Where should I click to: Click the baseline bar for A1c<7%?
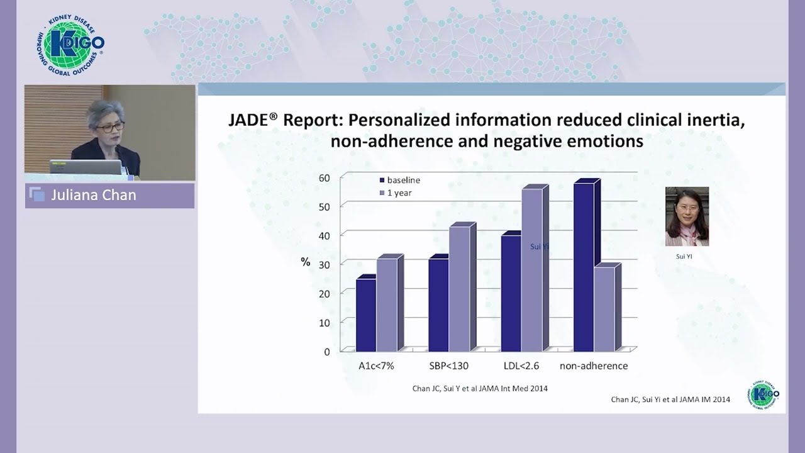point(366,315)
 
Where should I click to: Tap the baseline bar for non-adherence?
point(584,267)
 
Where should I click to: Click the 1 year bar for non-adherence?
point(604,309)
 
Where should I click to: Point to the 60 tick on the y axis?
point(324,177)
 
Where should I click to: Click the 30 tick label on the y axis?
point(324,264)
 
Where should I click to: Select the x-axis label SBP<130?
point(448,366)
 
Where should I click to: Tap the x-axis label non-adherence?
point(594,366)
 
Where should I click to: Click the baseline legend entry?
point(402,180)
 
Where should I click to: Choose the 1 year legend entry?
point(399,193)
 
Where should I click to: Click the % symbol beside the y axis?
point(306,262)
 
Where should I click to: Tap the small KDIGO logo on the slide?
point(765,394)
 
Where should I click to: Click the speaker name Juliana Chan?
point(94,195)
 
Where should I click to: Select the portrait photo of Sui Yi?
point(687,216)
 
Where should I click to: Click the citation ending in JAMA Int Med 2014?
point(480,388)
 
